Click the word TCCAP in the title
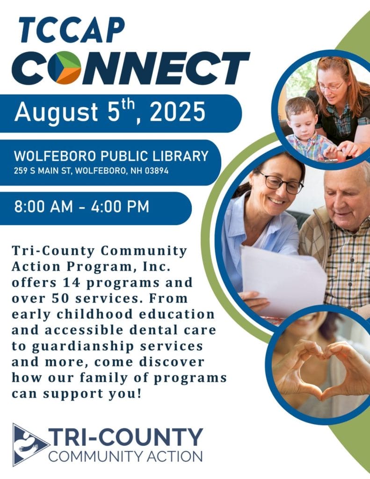tap(72, 30)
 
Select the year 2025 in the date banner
tap(178, 112)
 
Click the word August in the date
tap(57, 112)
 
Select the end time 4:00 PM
tap(120, 206)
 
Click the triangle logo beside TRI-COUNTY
tap(28, 445)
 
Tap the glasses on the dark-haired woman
tap(281, 184)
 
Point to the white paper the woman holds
tap(283, 281)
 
